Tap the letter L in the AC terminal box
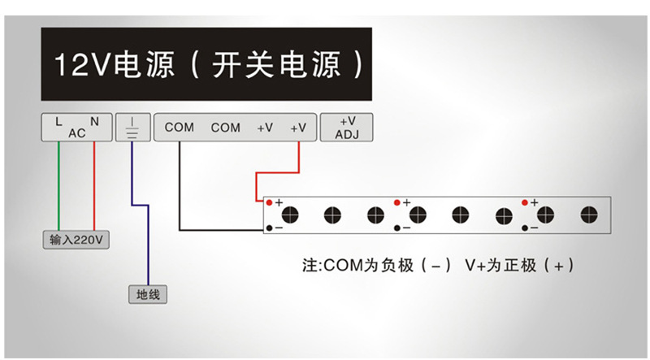pyautogui.click(x=58, y=121)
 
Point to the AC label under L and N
pyautogui.click(x=76, y=133)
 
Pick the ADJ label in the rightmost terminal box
pyautogui.click(x=348, y=134)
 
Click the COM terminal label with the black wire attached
pyautogui.click(x=179, y=128)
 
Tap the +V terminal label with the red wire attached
pyautogui.click(x=299, y=128)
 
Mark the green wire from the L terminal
pyautogui.click(x=58, y=187)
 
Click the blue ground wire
pyautogui.click(x=147, y=244)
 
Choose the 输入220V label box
pyautogui.click(x=76, y=241)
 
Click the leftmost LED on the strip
pyautogui.click(x=290, y=215)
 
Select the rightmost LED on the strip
pyautogui.click(x=587, y=215)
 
